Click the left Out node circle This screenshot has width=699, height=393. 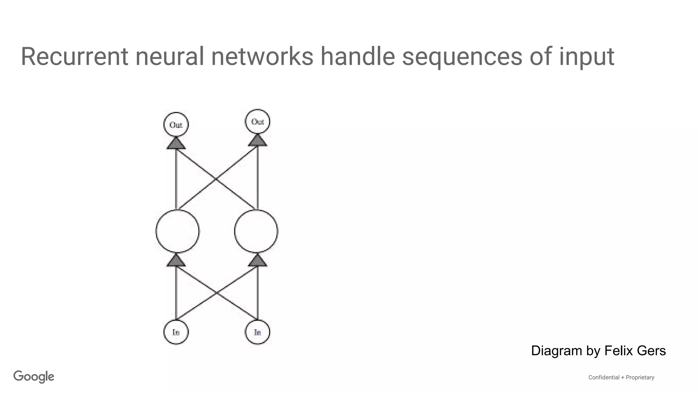point(176,125)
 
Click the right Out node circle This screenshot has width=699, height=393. point(257,122)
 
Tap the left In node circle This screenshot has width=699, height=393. point(176,332)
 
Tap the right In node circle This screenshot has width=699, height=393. point(257,332)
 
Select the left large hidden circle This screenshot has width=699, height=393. point(177,231)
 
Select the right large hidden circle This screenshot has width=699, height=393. point(256,231)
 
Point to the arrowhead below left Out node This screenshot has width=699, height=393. point(176,143)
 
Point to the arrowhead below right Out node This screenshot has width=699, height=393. point(257,140)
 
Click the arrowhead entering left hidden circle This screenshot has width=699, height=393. point(176,261)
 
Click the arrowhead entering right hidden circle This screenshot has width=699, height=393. point(257,261)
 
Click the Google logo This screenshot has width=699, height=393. point(34,377)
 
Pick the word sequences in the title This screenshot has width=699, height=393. point(462,57)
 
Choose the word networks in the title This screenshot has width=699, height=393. point(262,57)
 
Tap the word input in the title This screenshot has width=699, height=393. point(586,57)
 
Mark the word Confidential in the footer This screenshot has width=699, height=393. point(604,377)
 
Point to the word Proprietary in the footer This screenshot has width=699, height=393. point(640,377)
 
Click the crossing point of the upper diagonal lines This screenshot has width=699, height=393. point(216,179)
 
